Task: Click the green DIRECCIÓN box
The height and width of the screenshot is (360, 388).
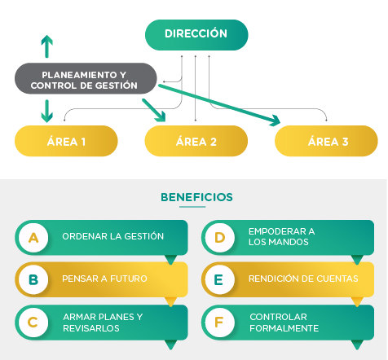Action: click(x=196, y=35)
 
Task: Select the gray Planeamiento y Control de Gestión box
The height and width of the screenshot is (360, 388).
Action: click(x=86, y=78)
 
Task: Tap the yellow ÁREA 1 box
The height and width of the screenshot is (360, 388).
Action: click(x=66, y=141)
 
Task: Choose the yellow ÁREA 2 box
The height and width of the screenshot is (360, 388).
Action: click(x=196, y=141)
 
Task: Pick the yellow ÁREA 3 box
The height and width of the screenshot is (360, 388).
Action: click(x=326, y=141)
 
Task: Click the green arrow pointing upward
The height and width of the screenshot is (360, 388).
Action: click(x=47, y=46)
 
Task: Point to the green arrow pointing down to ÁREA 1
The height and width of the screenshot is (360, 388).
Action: click(x=47, y=111)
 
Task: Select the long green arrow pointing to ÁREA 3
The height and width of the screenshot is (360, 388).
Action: click(x=219, y=105)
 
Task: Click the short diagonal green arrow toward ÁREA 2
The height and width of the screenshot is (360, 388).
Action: click(x=154, y=110)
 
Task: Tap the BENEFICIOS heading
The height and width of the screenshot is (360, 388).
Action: click(x=196, y=197)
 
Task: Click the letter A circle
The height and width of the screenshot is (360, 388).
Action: click(x=33, y=238)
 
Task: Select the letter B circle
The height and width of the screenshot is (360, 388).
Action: click(x=33, y=279)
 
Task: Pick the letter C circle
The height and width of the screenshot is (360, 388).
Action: click(x=33, y=323)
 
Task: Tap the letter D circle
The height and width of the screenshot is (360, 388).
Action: click(x=219, y=238)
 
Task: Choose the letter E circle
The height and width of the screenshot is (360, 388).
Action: click(x=219, y=279)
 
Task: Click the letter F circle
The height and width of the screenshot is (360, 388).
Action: click(x=219, y=323)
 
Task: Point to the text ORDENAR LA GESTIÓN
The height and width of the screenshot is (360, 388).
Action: click(x=113, y=236)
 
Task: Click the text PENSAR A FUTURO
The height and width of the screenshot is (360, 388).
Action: click(x=104, y=279)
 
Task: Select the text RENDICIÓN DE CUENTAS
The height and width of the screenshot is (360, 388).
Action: click(x=303, y=279)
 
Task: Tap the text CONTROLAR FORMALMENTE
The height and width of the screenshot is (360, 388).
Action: click(x=284, y=323)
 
